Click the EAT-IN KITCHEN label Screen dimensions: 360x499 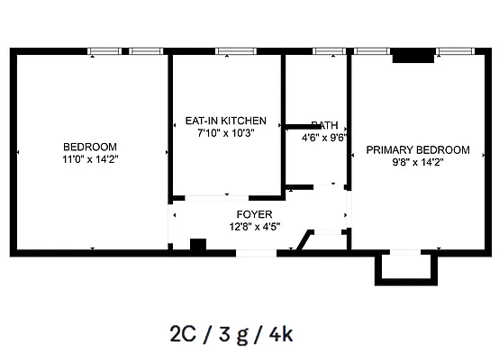225,120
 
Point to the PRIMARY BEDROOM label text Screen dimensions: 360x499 417,149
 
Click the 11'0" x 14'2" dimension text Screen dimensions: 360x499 90,159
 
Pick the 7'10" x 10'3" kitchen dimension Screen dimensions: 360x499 226,132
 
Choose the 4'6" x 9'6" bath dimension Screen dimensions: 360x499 324,139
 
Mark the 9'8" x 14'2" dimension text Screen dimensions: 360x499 417,162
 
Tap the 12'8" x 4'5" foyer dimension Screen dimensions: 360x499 255,226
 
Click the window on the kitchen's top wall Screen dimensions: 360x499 236,51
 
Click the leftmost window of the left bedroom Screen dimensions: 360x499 104,51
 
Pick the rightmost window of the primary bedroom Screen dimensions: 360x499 452,51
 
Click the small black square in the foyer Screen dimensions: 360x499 198,245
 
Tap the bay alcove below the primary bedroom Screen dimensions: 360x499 404,266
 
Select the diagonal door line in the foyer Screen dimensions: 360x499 306,242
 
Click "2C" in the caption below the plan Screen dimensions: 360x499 182,334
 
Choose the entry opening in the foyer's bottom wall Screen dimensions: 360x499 256,253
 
